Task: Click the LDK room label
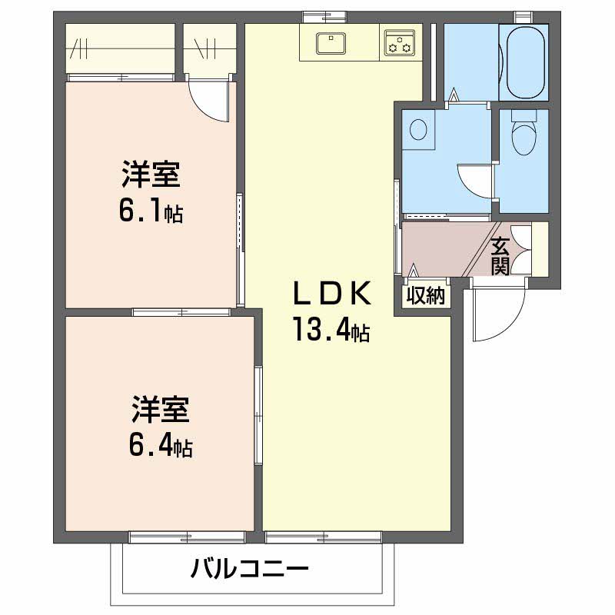click(333, 294)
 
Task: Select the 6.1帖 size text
click(150, 211)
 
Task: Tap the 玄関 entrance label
click(500, 257)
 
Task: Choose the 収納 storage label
click(426, 296)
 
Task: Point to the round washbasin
click(419, 128)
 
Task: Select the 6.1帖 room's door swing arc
click(209, 102)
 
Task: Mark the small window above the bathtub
click(524, 15)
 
